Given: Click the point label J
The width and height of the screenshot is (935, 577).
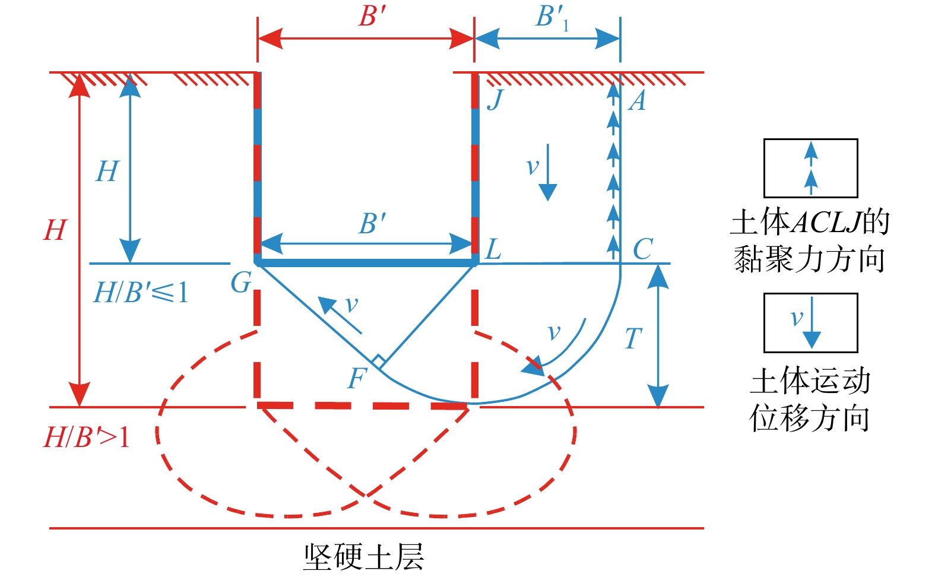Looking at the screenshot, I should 495,99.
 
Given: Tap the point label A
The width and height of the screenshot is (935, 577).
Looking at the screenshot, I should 637,101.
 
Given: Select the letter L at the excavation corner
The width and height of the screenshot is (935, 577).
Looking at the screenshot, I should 493,250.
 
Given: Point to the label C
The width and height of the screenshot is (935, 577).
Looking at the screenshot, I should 642,250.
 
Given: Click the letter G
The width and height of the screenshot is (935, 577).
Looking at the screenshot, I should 241,283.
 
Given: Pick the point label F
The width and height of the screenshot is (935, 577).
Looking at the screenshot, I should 357,378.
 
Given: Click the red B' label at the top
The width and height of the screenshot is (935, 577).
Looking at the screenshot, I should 372,16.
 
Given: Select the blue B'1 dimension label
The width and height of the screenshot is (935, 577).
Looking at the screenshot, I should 551,17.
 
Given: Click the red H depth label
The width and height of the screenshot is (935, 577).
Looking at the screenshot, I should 55,230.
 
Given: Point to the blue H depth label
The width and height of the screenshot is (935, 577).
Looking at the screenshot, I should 107,172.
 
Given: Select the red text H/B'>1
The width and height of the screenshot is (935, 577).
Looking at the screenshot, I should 87,438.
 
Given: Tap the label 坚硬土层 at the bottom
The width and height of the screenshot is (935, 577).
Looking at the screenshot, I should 364,557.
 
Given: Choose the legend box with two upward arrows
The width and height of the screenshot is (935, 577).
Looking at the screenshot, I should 810,168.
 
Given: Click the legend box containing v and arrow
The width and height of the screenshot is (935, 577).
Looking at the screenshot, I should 810,322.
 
